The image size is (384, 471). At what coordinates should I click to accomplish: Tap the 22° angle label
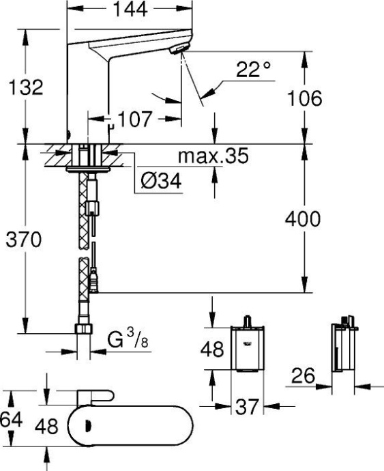(254, 70)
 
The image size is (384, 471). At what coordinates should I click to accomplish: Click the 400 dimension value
(302, 218)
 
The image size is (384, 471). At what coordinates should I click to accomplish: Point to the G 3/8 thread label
(128, 339)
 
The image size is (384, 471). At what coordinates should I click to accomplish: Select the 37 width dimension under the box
(247, 407)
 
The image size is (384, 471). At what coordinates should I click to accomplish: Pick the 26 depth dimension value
(305, 375)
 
